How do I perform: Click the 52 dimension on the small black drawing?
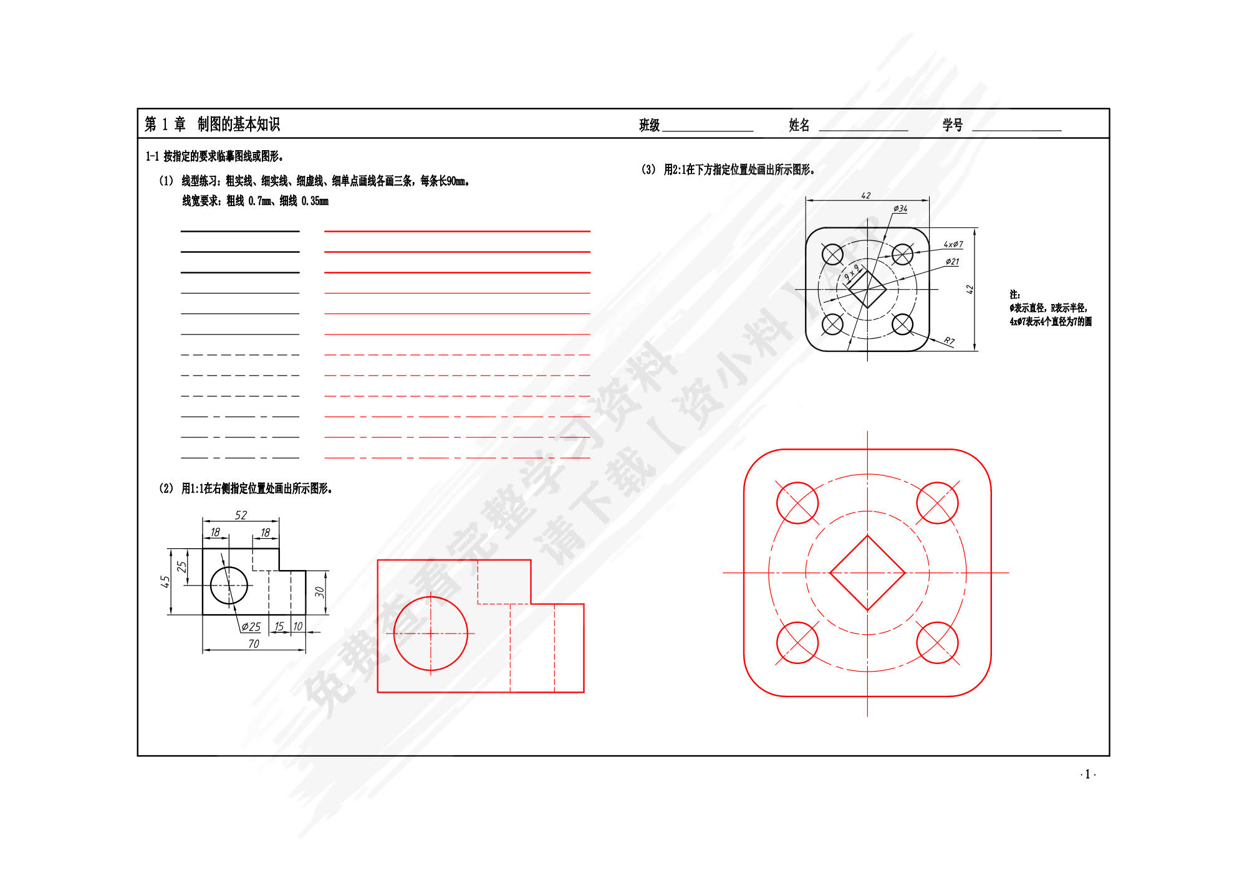click(x=241, y=515)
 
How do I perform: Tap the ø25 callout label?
click(x=251, y=627)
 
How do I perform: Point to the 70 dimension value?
click(x=253, y=644)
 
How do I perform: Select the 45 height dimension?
click(x=165, y=581)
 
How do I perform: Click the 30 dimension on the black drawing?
click(x=319, y=592)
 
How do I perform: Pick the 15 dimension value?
click(x=279, y=626)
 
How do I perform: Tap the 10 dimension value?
click(x=297, y=626)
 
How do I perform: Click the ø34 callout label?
click(x=900, y=209)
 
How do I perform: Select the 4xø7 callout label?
click(x=953, y=244)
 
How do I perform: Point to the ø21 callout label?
click(x=952, y=262)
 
